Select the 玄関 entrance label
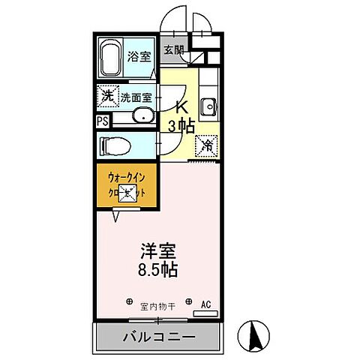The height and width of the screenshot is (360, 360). coord(173,49)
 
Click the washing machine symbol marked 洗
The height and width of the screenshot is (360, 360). coord(107,96)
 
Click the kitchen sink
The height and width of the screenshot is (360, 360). coord(209,104)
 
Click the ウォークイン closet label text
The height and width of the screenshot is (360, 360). coord(124,178)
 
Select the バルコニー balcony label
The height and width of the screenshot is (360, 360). coord(159,337)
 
